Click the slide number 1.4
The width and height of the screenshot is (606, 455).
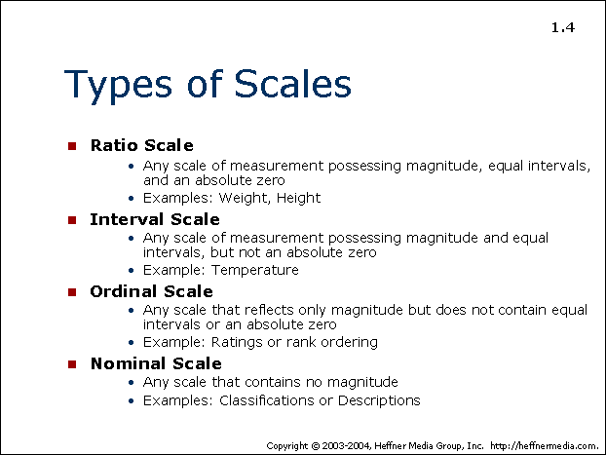[x=563, y=28]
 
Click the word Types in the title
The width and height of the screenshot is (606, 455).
[x=118, y=86]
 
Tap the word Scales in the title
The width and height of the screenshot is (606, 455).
[x=292, y=83]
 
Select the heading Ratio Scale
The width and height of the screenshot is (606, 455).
[x=142, y=145]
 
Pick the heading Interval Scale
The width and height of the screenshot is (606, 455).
[x=155, y=219]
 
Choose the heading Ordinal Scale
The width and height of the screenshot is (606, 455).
[x=152, y=291]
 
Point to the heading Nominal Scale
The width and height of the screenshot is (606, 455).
[x=156, y=363]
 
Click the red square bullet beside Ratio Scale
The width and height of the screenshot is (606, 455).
[x=72, y=146]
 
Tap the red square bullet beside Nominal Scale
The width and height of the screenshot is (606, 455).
[x=72, y=364]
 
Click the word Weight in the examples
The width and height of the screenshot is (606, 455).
[x=244, y=199]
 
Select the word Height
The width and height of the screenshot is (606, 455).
[x=298, y=199]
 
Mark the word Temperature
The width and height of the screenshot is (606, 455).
[x=255, y=270]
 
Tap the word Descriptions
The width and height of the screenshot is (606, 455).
[x=379, y=400]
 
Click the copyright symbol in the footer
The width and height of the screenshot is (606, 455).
[x=316, y=446]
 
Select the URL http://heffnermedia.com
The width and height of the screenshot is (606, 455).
[x=545, y=445]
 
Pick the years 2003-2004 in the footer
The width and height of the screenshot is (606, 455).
[x=347, y=446]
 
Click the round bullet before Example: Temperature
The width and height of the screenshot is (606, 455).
[x=131, y=270]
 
